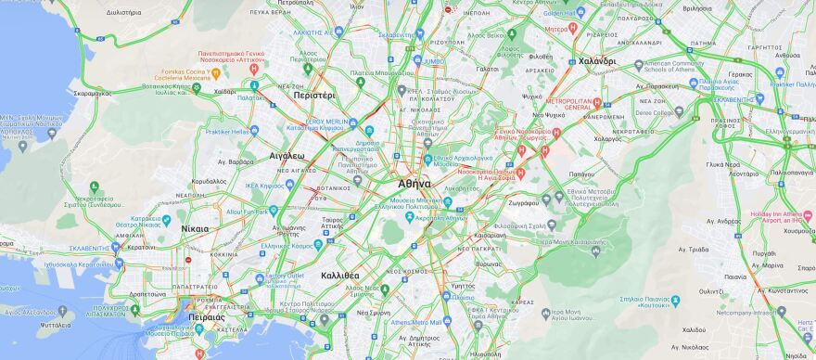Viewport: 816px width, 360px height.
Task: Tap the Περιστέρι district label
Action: pyautogui.click(x=313, y=96)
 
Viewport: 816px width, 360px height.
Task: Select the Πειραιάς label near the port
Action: pyautogui.click(x=205, y=316)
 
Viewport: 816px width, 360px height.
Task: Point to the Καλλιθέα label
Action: pyautogui.click(x=339, y=276)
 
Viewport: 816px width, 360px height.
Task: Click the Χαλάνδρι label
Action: pyautogui.click(x=596, y=61)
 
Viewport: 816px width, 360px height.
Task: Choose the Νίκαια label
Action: pyautogui.click(x=195, y=227)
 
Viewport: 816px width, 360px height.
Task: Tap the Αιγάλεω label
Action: pyautogui.click(x=287, y=156)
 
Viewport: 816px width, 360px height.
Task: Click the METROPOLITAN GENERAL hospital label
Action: pyautogui.click(x=568, y=103)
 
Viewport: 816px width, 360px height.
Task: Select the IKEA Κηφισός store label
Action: pyautogui.click(x=264, y=186)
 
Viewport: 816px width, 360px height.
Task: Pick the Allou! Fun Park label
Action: pyautogui.click(x=247, y=212)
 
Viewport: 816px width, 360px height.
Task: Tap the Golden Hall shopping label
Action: pyautogui.click(x=560, y=14)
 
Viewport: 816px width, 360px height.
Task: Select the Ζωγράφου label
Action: pyautogui.click(x=523, y=202)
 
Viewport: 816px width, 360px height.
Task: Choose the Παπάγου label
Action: pyautogui.click(x=581, y=174)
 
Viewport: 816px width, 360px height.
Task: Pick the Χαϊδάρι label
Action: pyautogui.click(x=225, y=92)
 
